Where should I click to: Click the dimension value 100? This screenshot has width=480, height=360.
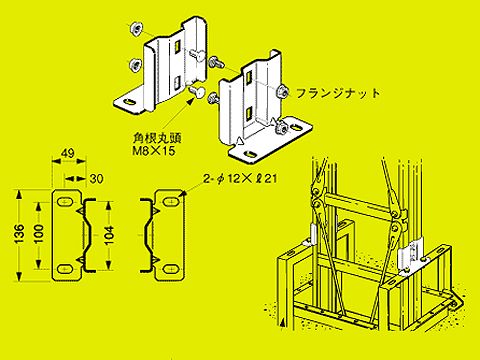pyautogui.click(x=38, y=232)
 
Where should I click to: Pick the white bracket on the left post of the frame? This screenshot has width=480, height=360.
pyautogui.click(x=315, y=238)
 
